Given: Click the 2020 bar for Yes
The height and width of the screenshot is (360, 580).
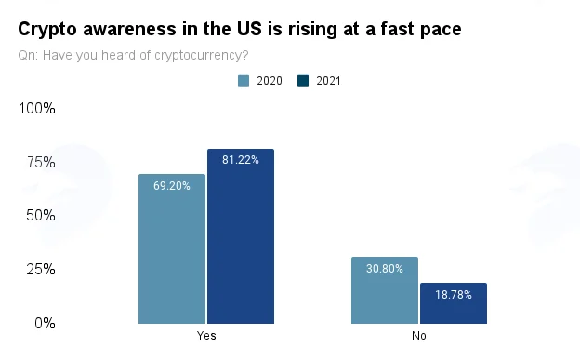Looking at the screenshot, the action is [x=172, y=249].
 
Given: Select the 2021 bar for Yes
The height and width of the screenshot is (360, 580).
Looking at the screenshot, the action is [x=241, y=236].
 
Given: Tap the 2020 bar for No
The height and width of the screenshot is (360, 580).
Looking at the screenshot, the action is [x=385, y=290].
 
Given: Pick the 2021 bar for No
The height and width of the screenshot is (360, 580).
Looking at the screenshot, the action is [x=454, y=303].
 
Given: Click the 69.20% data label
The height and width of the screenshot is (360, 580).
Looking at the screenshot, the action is [x=172, y=185].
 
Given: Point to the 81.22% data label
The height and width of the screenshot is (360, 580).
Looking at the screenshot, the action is [x=241, y=160].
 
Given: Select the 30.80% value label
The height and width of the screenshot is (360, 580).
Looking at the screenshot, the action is [x=385, y=269].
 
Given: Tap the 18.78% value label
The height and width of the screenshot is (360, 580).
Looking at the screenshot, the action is [x=454, y=295].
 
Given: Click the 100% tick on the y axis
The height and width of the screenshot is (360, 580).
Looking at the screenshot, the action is [x=36, y=108].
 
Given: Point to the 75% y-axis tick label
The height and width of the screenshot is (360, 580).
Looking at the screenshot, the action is [x=41, y=162].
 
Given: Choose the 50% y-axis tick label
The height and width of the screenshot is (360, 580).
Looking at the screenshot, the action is [x=41, y=215].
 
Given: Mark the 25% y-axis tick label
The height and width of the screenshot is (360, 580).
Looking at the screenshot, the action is [x=41, y=269].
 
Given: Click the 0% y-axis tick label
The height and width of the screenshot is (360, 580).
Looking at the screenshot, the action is [x=46, y=324].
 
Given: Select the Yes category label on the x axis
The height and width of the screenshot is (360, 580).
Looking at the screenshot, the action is [x=206, y=336].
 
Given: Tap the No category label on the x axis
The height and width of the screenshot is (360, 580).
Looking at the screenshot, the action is [x=419, y=336].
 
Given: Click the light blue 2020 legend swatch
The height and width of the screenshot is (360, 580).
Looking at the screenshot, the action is [x=244, y=81].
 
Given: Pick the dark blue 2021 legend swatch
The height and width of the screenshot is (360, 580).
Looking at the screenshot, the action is [x=303, y=81].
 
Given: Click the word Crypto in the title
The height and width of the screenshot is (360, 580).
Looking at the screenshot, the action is [x=47, y=29].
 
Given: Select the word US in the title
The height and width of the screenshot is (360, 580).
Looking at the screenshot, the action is [x=249, y=29].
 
